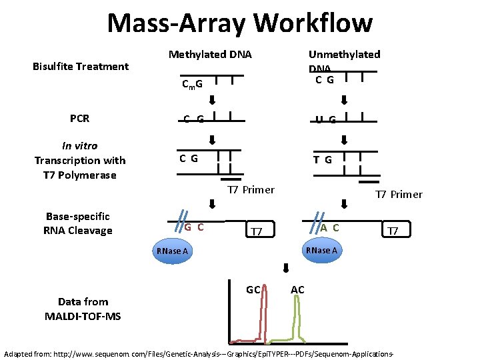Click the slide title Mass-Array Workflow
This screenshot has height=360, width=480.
coord(240,23)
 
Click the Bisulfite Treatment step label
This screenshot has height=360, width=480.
coord(81,66)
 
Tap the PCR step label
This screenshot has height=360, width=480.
coord(79,119)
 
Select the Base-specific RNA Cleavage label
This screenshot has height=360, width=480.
coord(78,223)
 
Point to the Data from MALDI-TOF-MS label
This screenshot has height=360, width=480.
coord(83,309)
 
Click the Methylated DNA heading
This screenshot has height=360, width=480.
coord(210,54)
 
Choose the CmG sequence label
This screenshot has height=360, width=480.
coord(193,85)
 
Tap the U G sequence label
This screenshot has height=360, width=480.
coord(326,120)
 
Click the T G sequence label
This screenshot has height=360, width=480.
coord(323,159)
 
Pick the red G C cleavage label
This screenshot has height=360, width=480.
coord(194,227)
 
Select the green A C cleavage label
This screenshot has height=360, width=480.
coord(329,227)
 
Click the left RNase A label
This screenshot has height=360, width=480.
coord(172,251)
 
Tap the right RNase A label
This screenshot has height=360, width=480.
coord(321,250)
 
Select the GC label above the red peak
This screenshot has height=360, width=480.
coord(253,290)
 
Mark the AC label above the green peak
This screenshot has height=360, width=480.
coord(297,290)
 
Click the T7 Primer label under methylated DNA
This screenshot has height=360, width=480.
coord(251,190)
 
